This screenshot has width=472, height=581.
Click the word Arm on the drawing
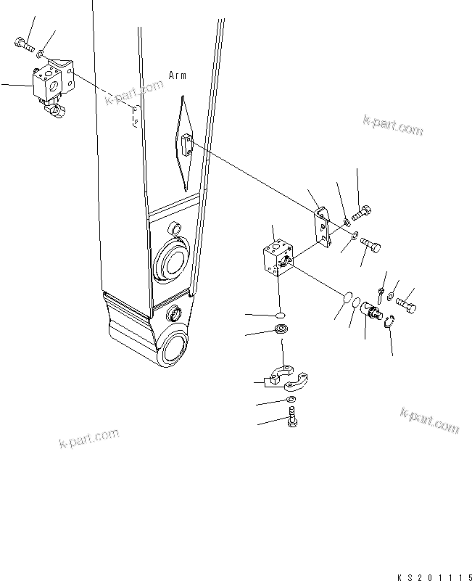[178, 75]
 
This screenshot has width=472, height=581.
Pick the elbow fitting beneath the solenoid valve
[55, 110]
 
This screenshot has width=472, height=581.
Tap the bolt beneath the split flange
[294, 418]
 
